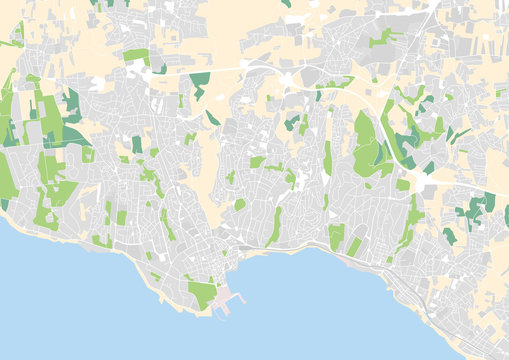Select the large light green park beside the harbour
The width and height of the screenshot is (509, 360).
coord(203,294)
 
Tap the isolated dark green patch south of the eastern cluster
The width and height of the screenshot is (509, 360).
coord(449,236)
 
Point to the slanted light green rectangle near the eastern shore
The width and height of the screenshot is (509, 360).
coord(354,246)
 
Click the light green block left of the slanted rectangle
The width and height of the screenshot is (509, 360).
coord(336,236)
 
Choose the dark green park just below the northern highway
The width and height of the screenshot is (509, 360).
coord(200,80)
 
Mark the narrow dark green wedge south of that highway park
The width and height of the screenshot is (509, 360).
coord(213,118)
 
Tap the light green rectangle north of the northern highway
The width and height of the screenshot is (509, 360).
coord(137,56)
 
